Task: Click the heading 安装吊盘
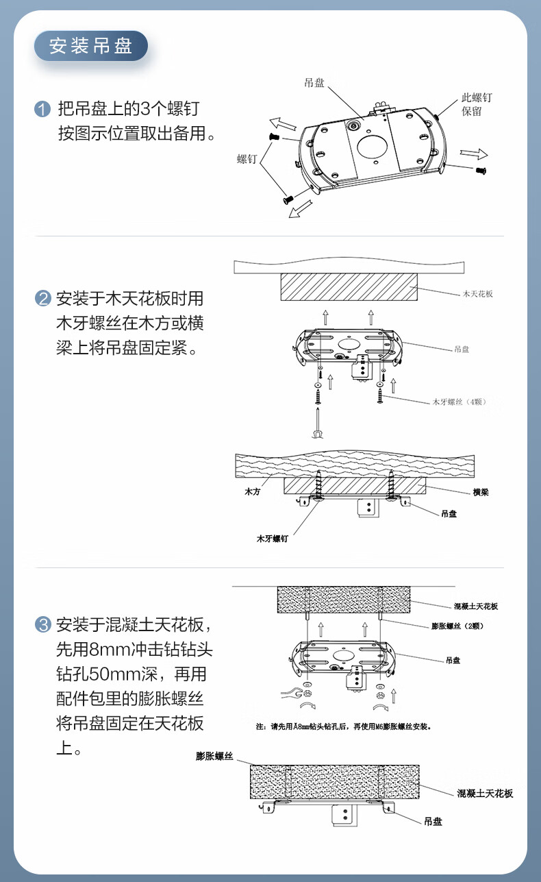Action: (x=91, y=47)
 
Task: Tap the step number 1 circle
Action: (x=42, y=109)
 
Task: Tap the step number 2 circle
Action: (x=42, y=299)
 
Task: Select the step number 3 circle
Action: (x=42, y=624)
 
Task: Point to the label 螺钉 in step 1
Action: (x=247, y=159)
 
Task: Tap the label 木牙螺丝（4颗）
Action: (x=459, y=402)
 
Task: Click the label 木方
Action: (x=253, y=492)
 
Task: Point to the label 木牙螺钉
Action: (x=272, y=539)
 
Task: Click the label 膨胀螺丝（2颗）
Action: (x=459, y=626)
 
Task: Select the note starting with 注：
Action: (x=343, y=726)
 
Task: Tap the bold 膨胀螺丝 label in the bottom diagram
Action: (x=214, y=756)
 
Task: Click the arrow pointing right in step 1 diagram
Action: (x=473, y=153)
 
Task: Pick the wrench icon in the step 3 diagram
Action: (x=290, y=694)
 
